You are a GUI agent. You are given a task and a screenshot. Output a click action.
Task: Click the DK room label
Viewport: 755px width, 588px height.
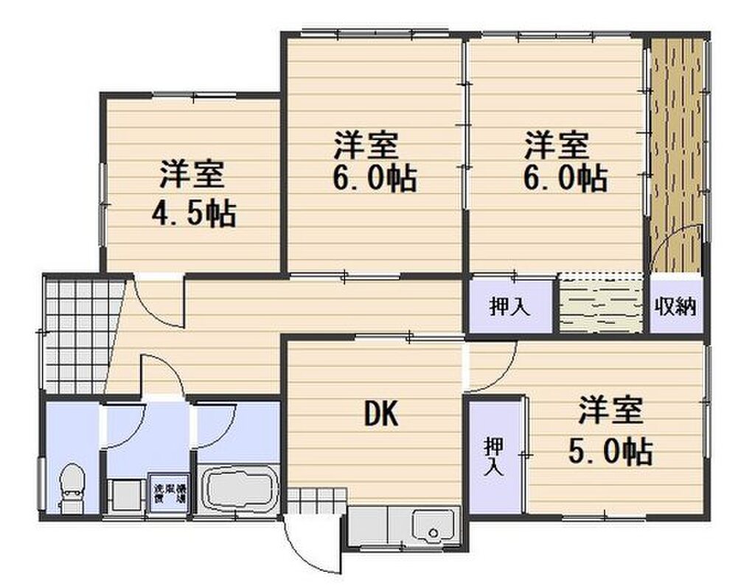point(381,416)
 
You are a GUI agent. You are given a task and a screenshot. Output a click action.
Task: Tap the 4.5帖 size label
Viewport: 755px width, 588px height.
point(193,213)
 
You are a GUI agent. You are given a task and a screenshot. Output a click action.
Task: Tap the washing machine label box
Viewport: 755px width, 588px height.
point(169,492)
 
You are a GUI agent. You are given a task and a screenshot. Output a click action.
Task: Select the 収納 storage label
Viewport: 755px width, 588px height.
point(675,305)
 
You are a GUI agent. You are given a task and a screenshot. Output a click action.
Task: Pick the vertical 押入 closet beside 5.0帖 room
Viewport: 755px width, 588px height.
point(495,457)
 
